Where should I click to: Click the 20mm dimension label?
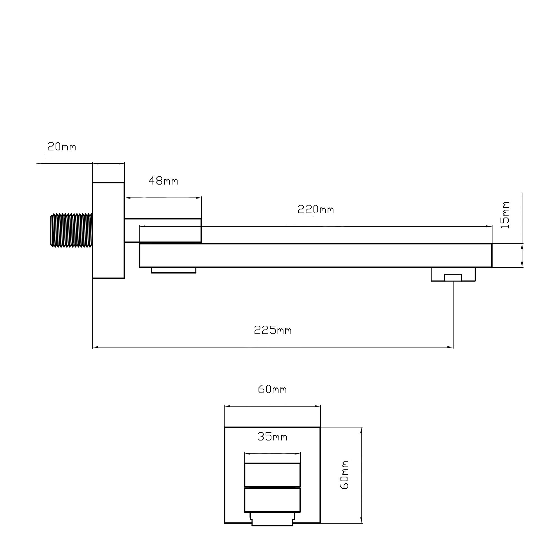[x=62, y=147]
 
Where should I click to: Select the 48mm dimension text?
[x=163, y=181]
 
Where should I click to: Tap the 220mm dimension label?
[x=316, y=209]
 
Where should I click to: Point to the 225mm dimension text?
[x=273, y=330]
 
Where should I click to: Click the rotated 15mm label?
[x=505, y=215]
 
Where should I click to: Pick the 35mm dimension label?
[x=272, y=437]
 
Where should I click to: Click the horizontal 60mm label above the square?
[x=272, y=389]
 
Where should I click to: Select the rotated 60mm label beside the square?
[x=344, y=475]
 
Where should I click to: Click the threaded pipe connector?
[x=72, y=231]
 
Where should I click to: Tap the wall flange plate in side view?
[x=108, y=230]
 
